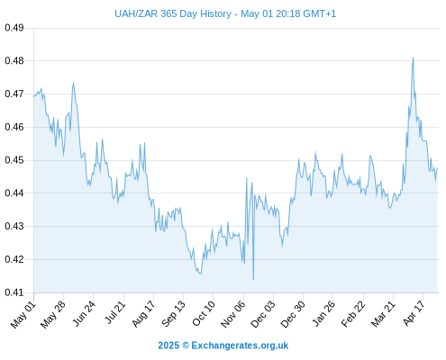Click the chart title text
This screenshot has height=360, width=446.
(x=225, y=13)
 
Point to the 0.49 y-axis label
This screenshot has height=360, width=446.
(x=14, y=28)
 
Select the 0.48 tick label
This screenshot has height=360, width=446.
(x=14, y=61)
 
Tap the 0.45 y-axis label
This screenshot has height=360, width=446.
(x=14, y=160)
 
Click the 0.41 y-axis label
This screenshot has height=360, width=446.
(x=14, y=292)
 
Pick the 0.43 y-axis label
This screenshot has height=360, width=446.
(x=14, y=226)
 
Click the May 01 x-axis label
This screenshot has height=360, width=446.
(x=23, y=315)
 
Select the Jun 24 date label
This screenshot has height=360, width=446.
(x=83, y=313)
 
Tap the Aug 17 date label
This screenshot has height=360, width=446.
(x=143, y=314)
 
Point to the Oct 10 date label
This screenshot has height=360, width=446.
(x=204, y=313)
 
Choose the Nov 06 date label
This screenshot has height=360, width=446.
(x=232, y=314)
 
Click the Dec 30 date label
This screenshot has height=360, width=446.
(x=292, y=314)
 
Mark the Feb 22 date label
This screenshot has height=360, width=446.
(x=353, y=314)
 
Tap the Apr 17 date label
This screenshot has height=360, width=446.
(x=414, y=313)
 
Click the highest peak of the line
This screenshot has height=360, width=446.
(x=413, y=58)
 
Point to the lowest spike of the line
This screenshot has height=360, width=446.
(x=253, y=280)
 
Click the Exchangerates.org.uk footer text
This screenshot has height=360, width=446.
(x=240, y=346)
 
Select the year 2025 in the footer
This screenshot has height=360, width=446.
(x=168, y=346)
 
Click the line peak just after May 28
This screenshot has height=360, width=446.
(x=73, y=82)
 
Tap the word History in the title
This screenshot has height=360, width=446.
(x=215, y=13)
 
